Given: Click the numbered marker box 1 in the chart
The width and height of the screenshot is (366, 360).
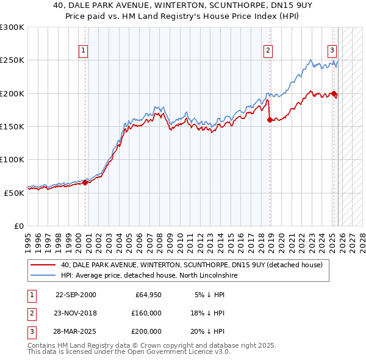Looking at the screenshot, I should (82, 51).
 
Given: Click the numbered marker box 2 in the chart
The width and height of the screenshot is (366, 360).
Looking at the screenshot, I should (268, 51).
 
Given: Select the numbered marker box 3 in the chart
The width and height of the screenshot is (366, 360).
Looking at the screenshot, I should (332, 51).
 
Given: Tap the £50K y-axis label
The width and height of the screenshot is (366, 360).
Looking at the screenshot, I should (14, 193).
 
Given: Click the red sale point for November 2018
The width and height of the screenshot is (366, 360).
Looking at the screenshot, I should (270, 120).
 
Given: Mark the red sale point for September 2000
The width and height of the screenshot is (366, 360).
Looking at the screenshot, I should (85, 182).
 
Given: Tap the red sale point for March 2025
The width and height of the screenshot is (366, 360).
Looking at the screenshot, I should (334, 93).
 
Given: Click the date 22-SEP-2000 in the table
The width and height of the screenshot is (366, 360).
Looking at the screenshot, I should (76, 295).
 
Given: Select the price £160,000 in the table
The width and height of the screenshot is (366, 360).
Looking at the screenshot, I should (146, 313).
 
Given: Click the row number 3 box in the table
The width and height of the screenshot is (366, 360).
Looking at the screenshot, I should (31, 331).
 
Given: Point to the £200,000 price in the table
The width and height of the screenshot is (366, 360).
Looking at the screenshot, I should (146, 331).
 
